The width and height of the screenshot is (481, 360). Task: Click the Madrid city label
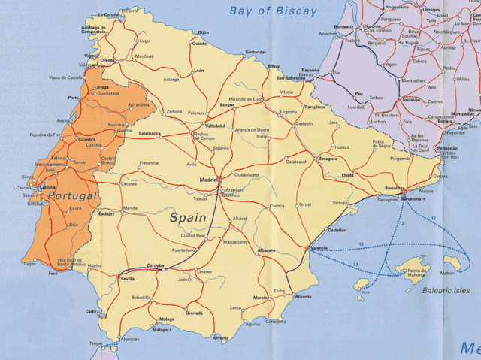(x=207, y=180)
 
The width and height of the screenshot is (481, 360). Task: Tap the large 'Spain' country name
(x=187, y=217)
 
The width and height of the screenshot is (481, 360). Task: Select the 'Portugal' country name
(x=72, y=195)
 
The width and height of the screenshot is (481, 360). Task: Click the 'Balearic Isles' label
(x=445, y=290)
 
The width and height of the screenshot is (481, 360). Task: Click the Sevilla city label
(x=128, y=279)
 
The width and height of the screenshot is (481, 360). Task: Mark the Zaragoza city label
(x=328, y=159)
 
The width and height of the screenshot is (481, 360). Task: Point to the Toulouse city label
(x=411, y=98)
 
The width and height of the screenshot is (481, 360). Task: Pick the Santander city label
(x=256, y=52)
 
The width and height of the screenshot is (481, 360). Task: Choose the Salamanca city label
(x=150, y=133)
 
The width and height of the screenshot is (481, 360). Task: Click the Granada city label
(x=194, y=313)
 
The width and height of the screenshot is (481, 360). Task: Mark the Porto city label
(x=73, y=98)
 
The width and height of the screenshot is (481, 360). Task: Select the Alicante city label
(x=303, y=297)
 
